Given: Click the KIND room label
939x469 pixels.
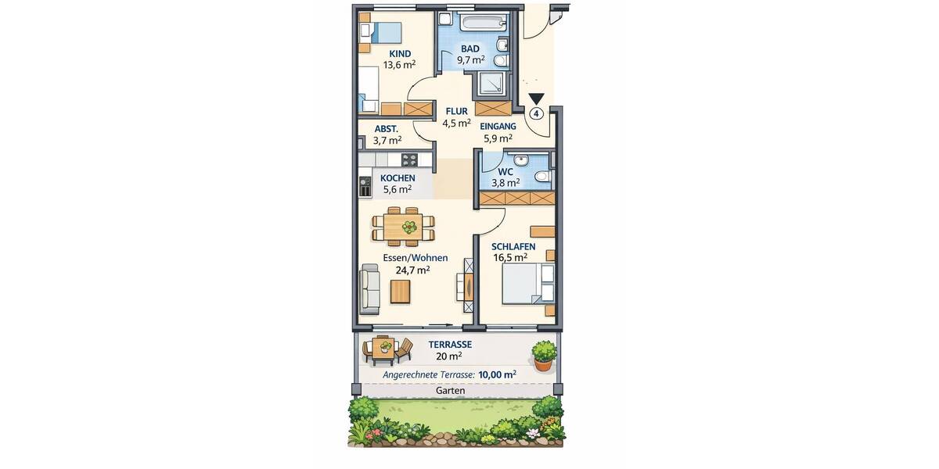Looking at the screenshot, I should [400, 53].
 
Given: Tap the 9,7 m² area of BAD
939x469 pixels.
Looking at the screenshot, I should [470, 59].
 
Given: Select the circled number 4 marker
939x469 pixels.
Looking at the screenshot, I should [536, 113].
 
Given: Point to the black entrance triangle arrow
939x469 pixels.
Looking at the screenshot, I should [536, 99].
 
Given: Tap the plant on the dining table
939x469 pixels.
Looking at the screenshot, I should [408, 227].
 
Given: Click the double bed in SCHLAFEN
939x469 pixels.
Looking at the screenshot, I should [528, 284].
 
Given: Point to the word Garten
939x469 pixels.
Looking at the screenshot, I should [451, 390].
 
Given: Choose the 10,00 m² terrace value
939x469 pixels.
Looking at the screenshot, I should [497, 374].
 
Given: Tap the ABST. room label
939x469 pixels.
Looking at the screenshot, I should [387, 129].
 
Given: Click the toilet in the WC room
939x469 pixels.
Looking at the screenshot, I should [541, 177].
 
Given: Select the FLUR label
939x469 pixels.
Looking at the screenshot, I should [456, 111].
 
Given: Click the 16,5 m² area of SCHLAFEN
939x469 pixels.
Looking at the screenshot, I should [509, 256].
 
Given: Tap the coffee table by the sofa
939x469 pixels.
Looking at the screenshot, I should [400, 292].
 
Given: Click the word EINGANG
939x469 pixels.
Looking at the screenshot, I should [498, 126].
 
